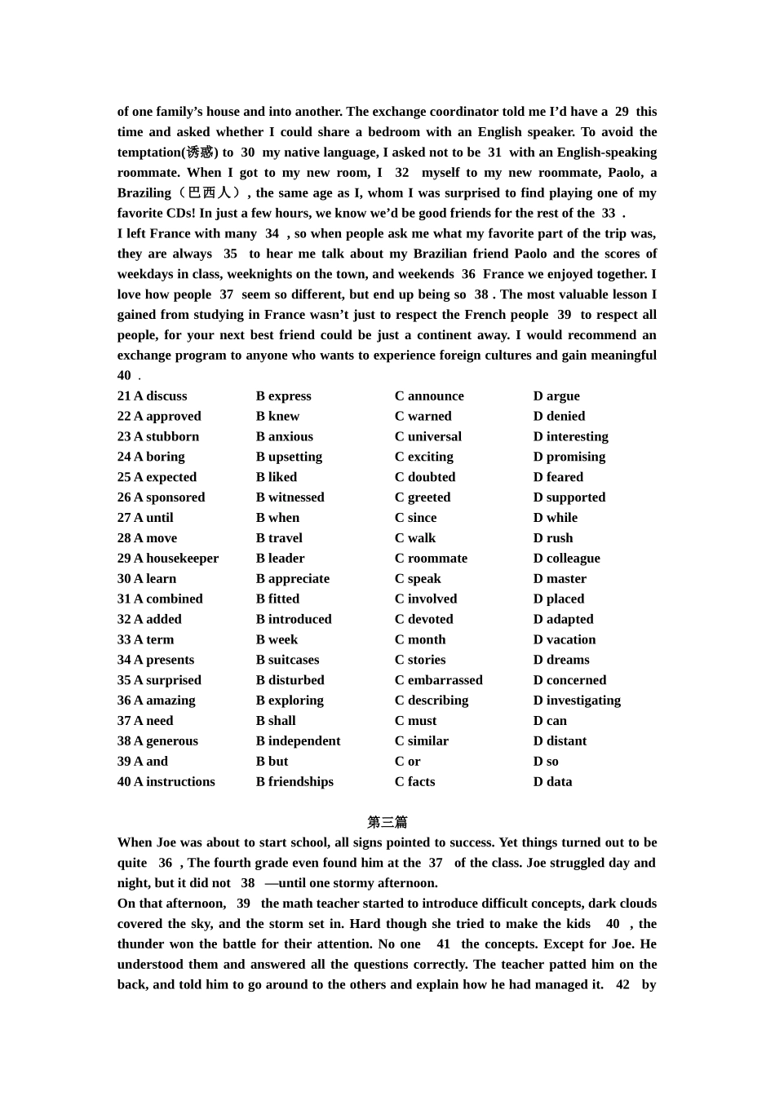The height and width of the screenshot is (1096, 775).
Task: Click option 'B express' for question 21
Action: [x=283, y=396]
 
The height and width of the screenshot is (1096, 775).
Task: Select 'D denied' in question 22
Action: [x=559, y=417]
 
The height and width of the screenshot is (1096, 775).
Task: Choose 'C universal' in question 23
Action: [x=427, y=437]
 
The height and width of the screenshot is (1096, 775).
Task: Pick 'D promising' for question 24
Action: [x=569, y=457]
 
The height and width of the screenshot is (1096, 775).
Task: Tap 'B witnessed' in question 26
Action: [x=290, y=497]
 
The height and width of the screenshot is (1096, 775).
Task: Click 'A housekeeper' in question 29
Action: [x=167, y=559]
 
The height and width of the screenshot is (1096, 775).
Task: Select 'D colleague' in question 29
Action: [x=566, y=559]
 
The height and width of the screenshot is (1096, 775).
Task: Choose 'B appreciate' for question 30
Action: [x=292, y=579]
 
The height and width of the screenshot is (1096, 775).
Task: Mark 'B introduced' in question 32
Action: [x=293, y=620]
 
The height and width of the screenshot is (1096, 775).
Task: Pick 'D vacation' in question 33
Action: [x=564, y=640]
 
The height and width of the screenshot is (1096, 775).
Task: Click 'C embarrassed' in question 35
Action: [x=438, y=680]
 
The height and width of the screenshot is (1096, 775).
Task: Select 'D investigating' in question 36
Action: [x=577, y=700]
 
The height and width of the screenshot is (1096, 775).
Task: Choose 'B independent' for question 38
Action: [x=298, y=741]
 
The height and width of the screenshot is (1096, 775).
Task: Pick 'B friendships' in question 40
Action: [x=294, y=782]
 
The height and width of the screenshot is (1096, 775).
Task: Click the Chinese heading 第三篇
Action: [x=387, y=823]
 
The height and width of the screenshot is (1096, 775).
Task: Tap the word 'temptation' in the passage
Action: [x=149, y=152]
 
